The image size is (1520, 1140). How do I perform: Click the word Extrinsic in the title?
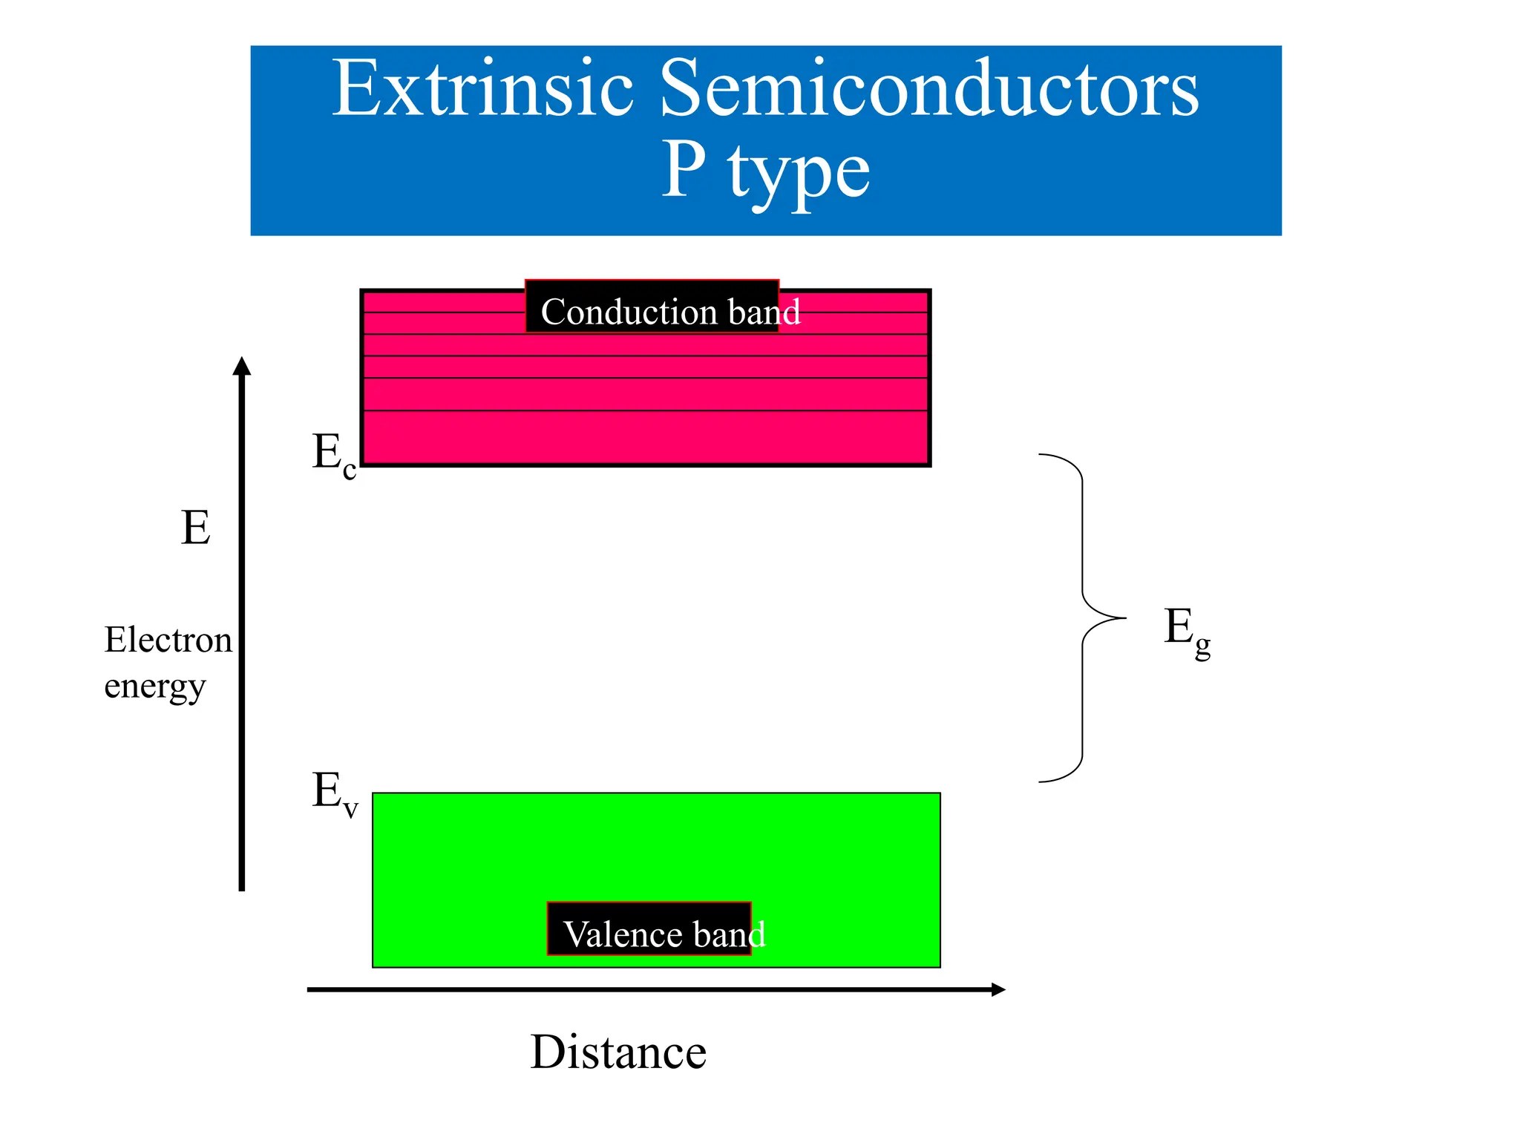[x=482, y=89]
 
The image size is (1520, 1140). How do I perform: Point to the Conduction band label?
[x=669, y=312]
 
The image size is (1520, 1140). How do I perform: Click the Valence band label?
[x=664, y=934]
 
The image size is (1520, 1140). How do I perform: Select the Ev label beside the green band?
[x=335, y=793]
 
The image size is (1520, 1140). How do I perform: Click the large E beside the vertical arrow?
[x=195, y=528]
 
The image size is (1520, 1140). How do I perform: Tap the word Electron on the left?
[x=168, y=640]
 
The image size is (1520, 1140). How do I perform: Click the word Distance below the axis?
[x=618, y=1052]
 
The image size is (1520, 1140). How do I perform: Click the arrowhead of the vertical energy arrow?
[x=242, y=366]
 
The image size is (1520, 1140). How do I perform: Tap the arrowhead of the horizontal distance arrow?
[x=998, y=989]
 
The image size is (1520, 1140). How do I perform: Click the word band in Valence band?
[x=729, y=934]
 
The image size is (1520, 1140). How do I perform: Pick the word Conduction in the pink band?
[x=628, y=312]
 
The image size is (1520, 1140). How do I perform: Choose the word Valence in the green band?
[x=617, y=934]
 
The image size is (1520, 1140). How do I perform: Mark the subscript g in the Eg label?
[x=1202, y=645]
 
